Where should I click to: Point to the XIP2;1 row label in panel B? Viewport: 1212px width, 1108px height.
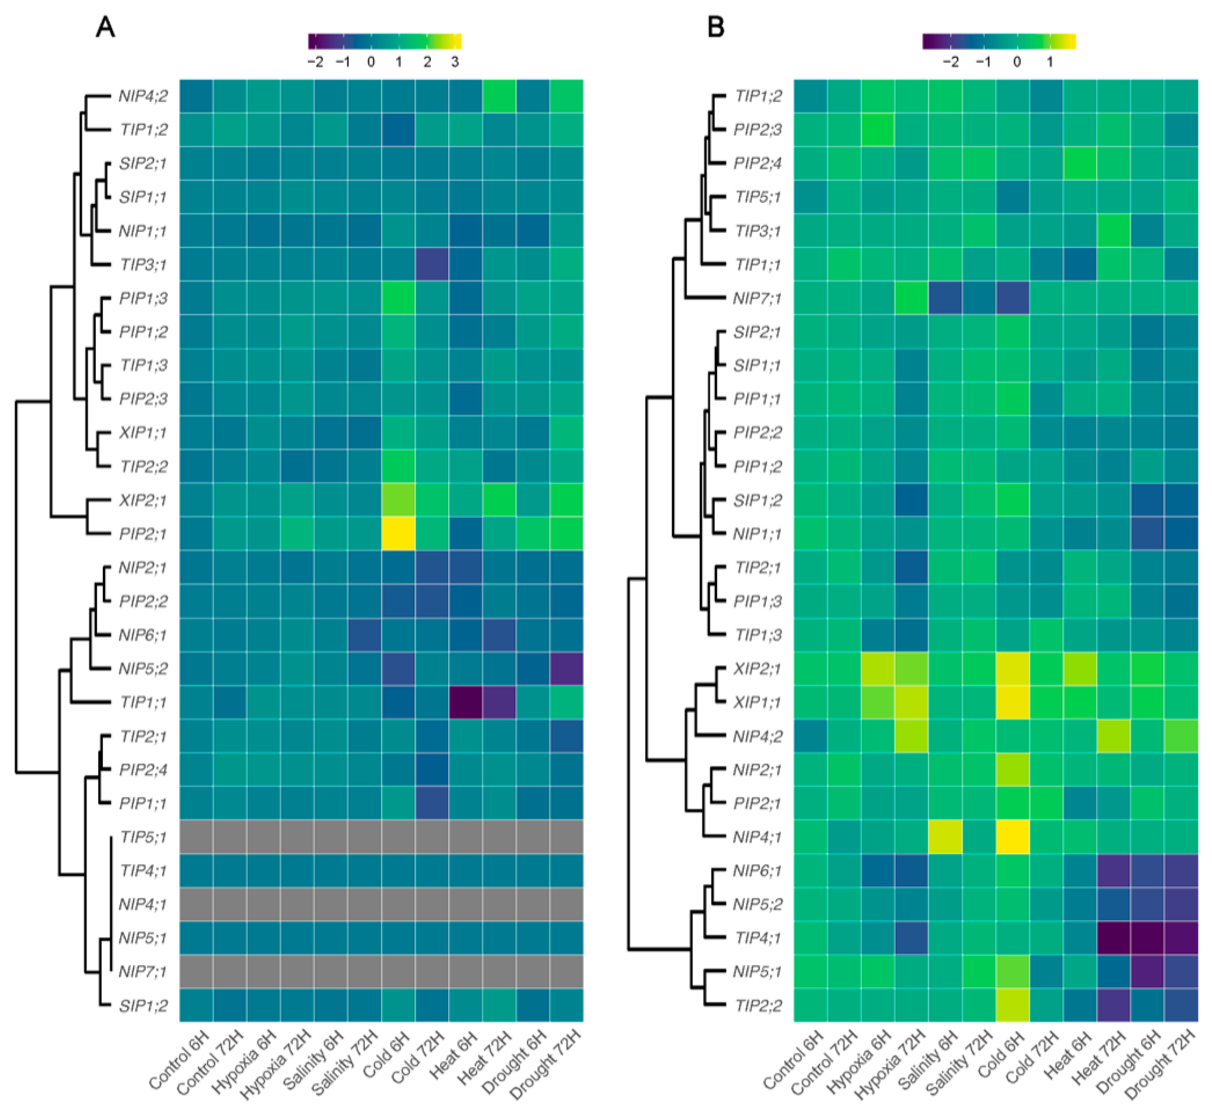point(757,668)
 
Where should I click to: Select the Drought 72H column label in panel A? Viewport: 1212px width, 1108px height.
point(547,1064)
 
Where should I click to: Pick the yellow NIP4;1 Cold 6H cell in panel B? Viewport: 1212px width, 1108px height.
point(1012,836)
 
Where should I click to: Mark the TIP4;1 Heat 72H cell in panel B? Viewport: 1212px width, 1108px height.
point(1114,937)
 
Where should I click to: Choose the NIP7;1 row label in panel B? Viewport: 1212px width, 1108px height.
point(757,298)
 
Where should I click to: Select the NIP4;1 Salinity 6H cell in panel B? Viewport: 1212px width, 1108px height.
point(945,836)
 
